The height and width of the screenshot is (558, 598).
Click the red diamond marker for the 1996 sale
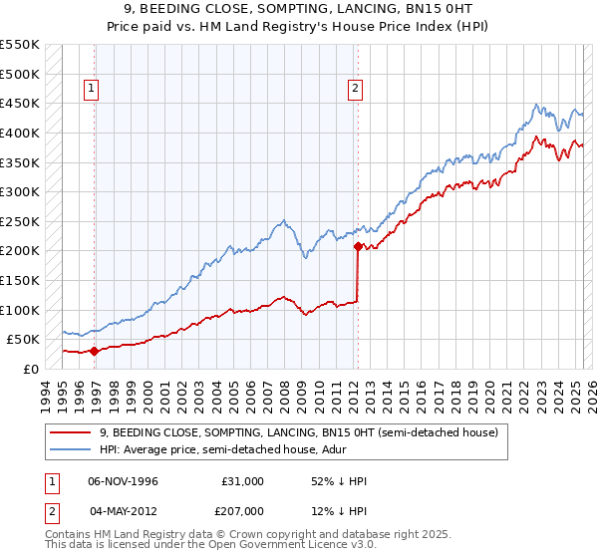click(x=94, y=350)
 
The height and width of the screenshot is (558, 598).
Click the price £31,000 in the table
click(x=243, y=481)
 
